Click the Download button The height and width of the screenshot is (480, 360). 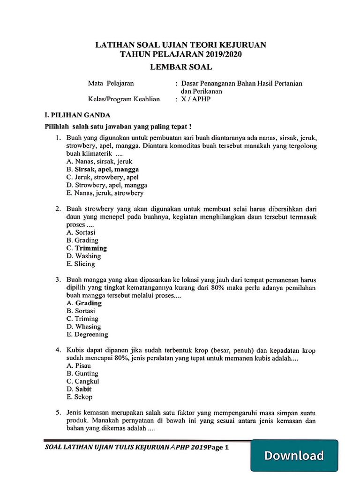[294, 455]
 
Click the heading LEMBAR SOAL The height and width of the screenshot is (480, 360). [181, 67]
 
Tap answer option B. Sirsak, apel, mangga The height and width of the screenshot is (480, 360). [103, 169]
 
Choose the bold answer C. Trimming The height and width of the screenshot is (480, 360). [87, 248]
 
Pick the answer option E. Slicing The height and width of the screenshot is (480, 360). [81, 264]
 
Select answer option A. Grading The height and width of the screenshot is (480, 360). [84, 303]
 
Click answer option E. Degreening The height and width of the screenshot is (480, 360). [87, 334]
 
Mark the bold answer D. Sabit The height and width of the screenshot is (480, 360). [79, 389]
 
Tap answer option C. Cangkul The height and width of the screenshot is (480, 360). [83, 381]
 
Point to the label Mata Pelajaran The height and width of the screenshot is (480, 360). [111, 83]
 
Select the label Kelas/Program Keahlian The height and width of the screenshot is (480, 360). [124, 99]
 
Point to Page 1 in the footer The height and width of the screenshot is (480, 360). [218, 447]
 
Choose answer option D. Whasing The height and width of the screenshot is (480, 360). [83, 326]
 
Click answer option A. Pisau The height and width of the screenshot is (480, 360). [79, 365]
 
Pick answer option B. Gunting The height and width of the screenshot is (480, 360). [82, 373]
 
